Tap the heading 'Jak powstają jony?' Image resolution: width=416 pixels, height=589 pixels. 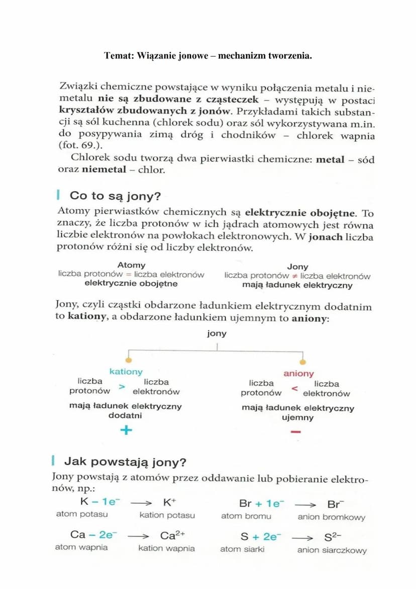pos(125,462)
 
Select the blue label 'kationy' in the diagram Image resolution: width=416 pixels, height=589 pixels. pos(126,372)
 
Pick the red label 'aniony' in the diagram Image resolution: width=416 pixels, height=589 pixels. pos(298,374)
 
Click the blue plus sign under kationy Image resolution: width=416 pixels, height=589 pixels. pos(126,430)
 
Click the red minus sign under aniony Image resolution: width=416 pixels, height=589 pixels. pos(296,432)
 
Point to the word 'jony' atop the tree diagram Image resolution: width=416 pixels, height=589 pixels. pos(217,333)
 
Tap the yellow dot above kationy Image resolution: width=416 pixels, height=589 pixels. pos(129,360)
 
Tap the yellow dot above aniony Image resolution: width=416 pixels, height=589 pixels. pos(302,362)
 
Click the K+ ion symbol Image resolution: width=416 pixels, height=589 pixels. pos(169,502)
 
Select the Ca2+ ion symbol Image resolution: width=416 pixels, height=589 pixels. pos(172,535)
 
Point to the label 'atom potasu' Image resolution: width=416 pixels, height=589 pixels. pos(82,515)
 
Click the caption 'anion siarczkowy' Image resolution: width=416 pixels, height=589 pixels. pos(332,550)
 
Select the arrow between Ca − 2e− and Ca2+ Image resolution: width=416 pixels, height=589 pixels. pos(139,536)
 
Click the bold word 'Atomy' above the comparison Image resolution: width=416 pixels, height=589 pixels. pos(131,265)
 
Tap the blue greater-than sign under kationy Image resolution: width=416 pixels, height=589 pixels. pos(122,387)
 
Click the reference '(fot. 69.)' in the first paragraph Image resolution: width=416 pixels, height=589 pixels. pos(78,145)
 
